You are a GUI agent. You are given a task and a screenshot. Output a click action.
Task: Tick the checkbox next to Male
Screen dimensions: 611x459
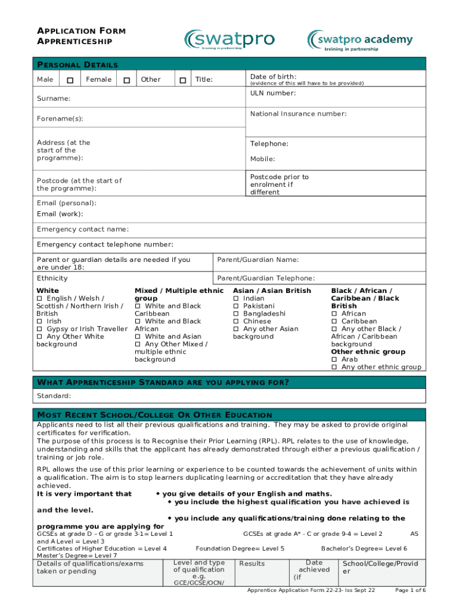[x=70, y=80]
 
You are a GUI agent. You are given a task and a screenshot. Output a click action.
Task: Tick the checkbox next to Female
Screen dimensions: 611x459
[x=126, y=80]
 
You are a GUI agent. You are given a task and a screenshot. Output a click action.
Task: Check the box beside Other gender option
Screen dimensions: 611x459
[x=182, y=80]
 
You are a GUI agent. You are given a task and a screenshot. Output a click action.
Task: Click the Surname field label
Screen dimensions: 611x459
[x=53, y=98]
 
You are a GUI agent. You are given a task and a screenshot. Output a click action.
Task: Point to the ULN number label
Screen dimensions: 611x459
[x=272, y=93]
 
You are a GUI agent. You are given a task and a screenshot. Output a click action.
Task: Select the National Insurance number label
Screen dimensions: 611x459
[x=298, y=114]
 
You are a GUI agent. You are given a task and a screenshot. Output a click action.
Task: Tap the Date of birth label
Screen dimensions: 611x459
[x=273, y=76]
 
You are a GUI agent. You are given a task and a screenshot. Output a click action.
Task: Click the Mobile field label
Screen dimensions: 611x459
[x=262, y=159]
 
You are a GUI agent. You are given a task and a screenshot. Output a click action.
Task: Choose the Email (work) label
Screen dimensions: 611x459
[x=60, y=214]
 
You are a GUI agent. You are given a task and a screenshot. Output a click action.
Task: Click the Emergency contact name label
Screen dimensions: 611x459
[x=82, y=230]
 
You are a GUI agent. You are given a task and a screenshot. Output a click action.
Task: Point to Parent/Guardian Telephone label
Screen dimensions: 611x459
[x=266, y=279]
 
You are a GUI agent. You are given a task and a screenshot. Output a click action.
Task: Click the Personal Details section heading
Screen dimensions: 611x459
[x=77, y=65]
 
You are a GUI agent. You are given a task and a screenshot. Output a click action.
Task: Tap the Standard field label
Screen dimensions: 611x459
[x=54, y=396]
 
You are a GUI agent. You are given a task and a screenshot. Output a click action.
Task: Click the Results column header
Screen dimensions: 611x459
[x=252, y=564]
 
